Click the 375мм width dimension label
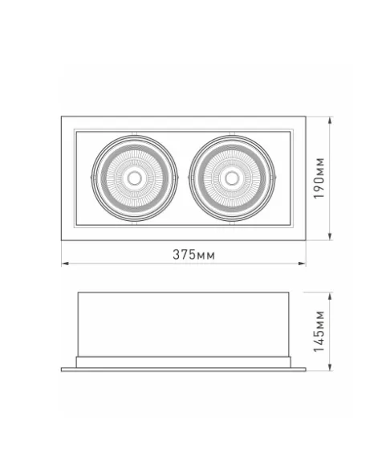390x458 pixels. [193, 255]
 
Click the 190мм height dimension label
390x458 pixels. [319, 178]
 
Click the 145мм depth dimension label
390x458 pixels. [319, 332]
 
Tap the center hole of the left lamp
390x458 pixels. [135, 178]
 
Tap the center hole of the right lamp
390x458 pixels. [232, 178]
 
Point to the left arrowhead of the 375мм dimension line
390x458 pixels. [65, 264]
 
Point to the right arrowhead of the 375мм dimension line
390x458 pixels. [303, 264]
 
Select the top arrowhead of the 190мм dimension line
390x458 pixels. [330, 121]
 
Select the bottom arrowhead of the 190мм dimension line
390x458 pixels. [330, 236]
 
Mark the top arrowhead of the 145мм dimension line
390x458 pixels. [330, 296]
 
